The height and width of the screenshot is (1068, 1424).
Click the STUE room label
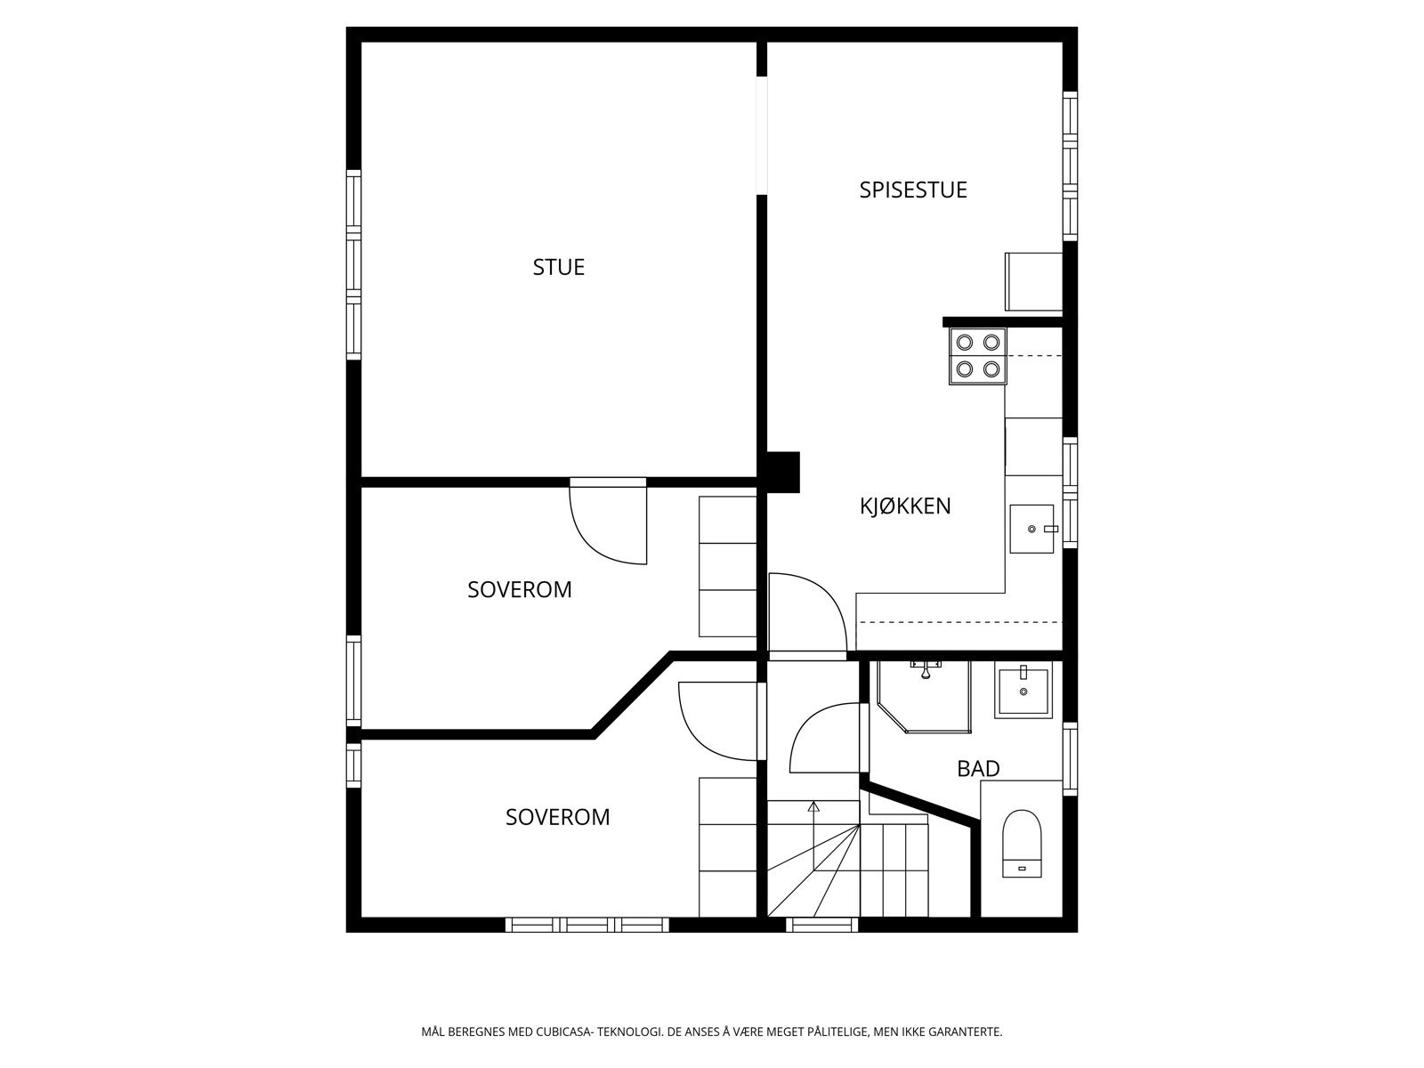click(x=558, y=267)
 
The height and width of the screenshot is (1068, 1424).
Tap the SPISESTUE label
click(x=912, y=190)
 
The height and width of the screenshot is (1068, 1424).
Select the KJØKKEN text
click(x=904, y=506)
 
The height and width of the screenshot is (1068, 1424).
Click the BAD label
click(x=978, y=768)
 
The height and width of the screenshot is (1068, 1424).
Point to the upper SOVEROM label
click(x=519, y=589)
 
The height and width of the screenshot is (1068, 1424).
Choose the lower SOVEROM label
click(x=557, y=817)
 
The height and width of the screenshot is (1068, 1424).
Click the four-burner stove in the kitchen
click(x=977, y=356)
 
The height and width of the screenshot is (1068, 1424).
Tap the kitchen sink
click(x=1032, y=530)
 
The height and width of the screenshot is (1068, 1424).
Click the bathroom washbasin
click(x=1023, y=692)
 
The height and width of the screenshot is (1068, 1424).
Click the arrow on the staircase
click(x=813, y=808)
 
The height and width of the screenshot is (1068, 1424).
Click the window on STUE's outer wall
click(x=353, y=264)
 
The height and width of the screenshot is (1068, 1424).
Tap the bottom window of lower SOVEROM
click(x=587, y=925)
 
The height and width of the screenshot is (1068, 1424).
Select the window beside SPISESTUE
click(x=1070, y=165)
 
